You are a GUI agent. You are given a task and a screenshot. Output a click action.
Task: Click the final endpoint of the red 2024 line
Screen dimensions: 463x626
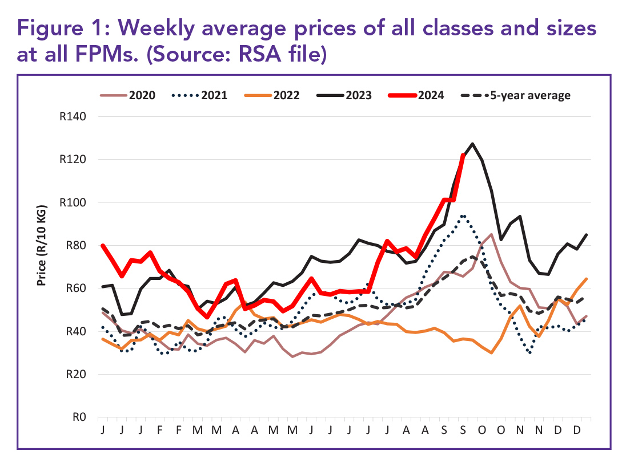(463, 155)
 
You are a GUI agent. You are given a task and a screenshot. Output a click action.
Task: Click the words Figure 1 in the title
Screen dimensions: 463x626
(60, 28)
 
